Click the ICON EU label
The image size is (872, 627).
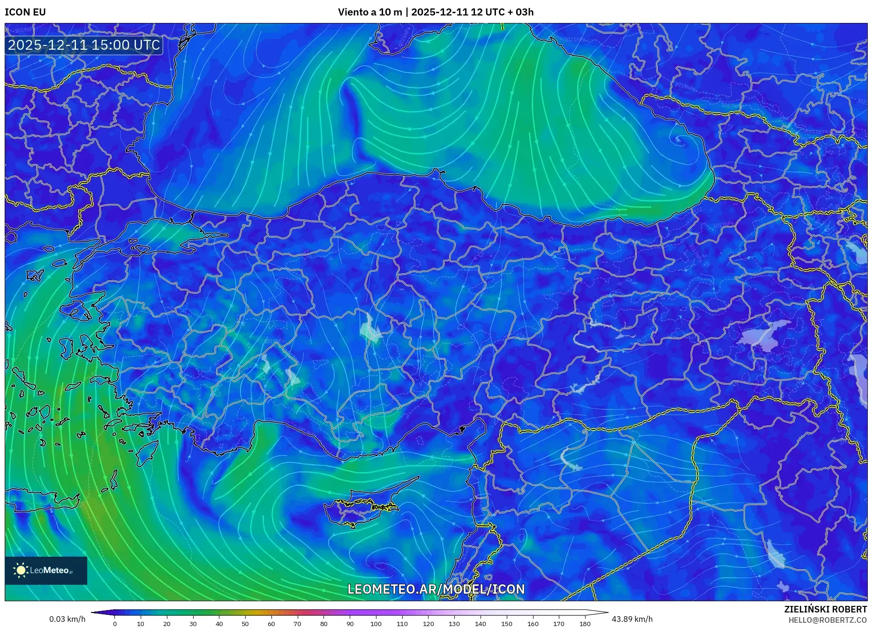point(25,12)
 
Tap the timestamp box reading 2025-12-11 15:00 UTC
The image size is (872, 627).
point(84,45)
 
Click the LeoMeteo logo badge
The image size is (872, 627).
point(46,570)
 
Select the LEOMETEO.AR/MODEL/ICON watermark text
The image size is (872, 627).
point(436,589)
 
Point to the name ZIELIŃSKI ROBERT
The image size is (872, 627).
point(825,609)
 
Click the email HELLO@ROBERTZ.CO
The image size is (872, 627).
point(827,620)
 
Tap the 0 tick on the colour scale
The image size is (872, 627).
point(115,623)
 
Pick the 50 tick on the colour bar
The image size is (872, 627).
point(245,623)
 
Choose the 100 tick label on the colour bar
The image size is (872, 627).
point(376,623)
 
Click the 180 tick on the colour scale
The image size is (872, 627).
point(585,623)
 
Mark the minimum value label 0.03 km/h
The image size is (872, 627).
point(67,619)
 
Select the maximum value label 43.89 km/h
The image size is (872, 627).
point(632,619)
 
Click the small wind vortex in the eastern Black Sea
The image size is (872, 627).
point(678,139)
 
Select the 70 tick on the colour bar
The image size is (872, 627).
point(297,623)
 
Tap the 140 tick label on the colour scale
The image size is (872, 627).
point(480,623)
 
